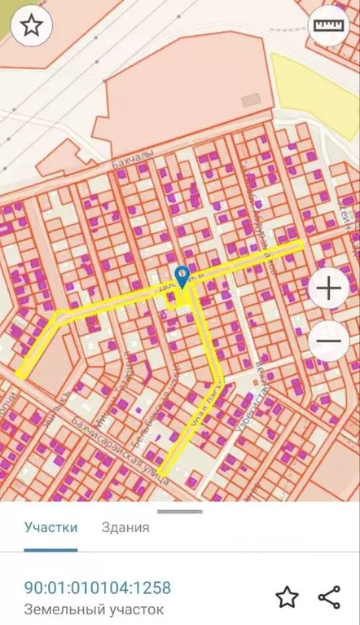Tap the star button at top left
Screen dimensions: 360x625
pyautogui.click(x=31, y=26)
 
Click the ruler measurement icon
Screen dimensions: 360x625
pyautogui.click(x=327, y=26)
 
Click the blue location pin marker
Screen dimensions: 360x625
pyautogui.click(x=182, y=275)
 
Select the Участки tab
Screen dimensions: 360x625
pyautogui.click(x=51, y=526)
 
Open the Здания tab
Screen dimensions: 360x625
pyautogui.click(x=125, y=526)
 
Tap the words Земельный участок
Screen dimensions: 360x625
pyautogui.click(x=94, y=609)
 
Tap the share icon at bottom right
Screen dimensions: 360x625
pyautogui.click(x=329, y=596)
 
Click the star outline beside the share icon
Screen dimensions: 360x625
pyautogui.click(x=287, y=596)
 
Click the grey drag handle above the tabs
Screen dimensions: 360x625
pyautogui.click(x=179, y=512)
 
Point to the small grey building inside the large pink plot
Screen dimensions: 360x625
pyautogui.click(x=252, y=99)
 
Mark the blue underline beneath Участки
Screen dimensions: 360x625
pyautogui.click(x=51, y=549)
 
